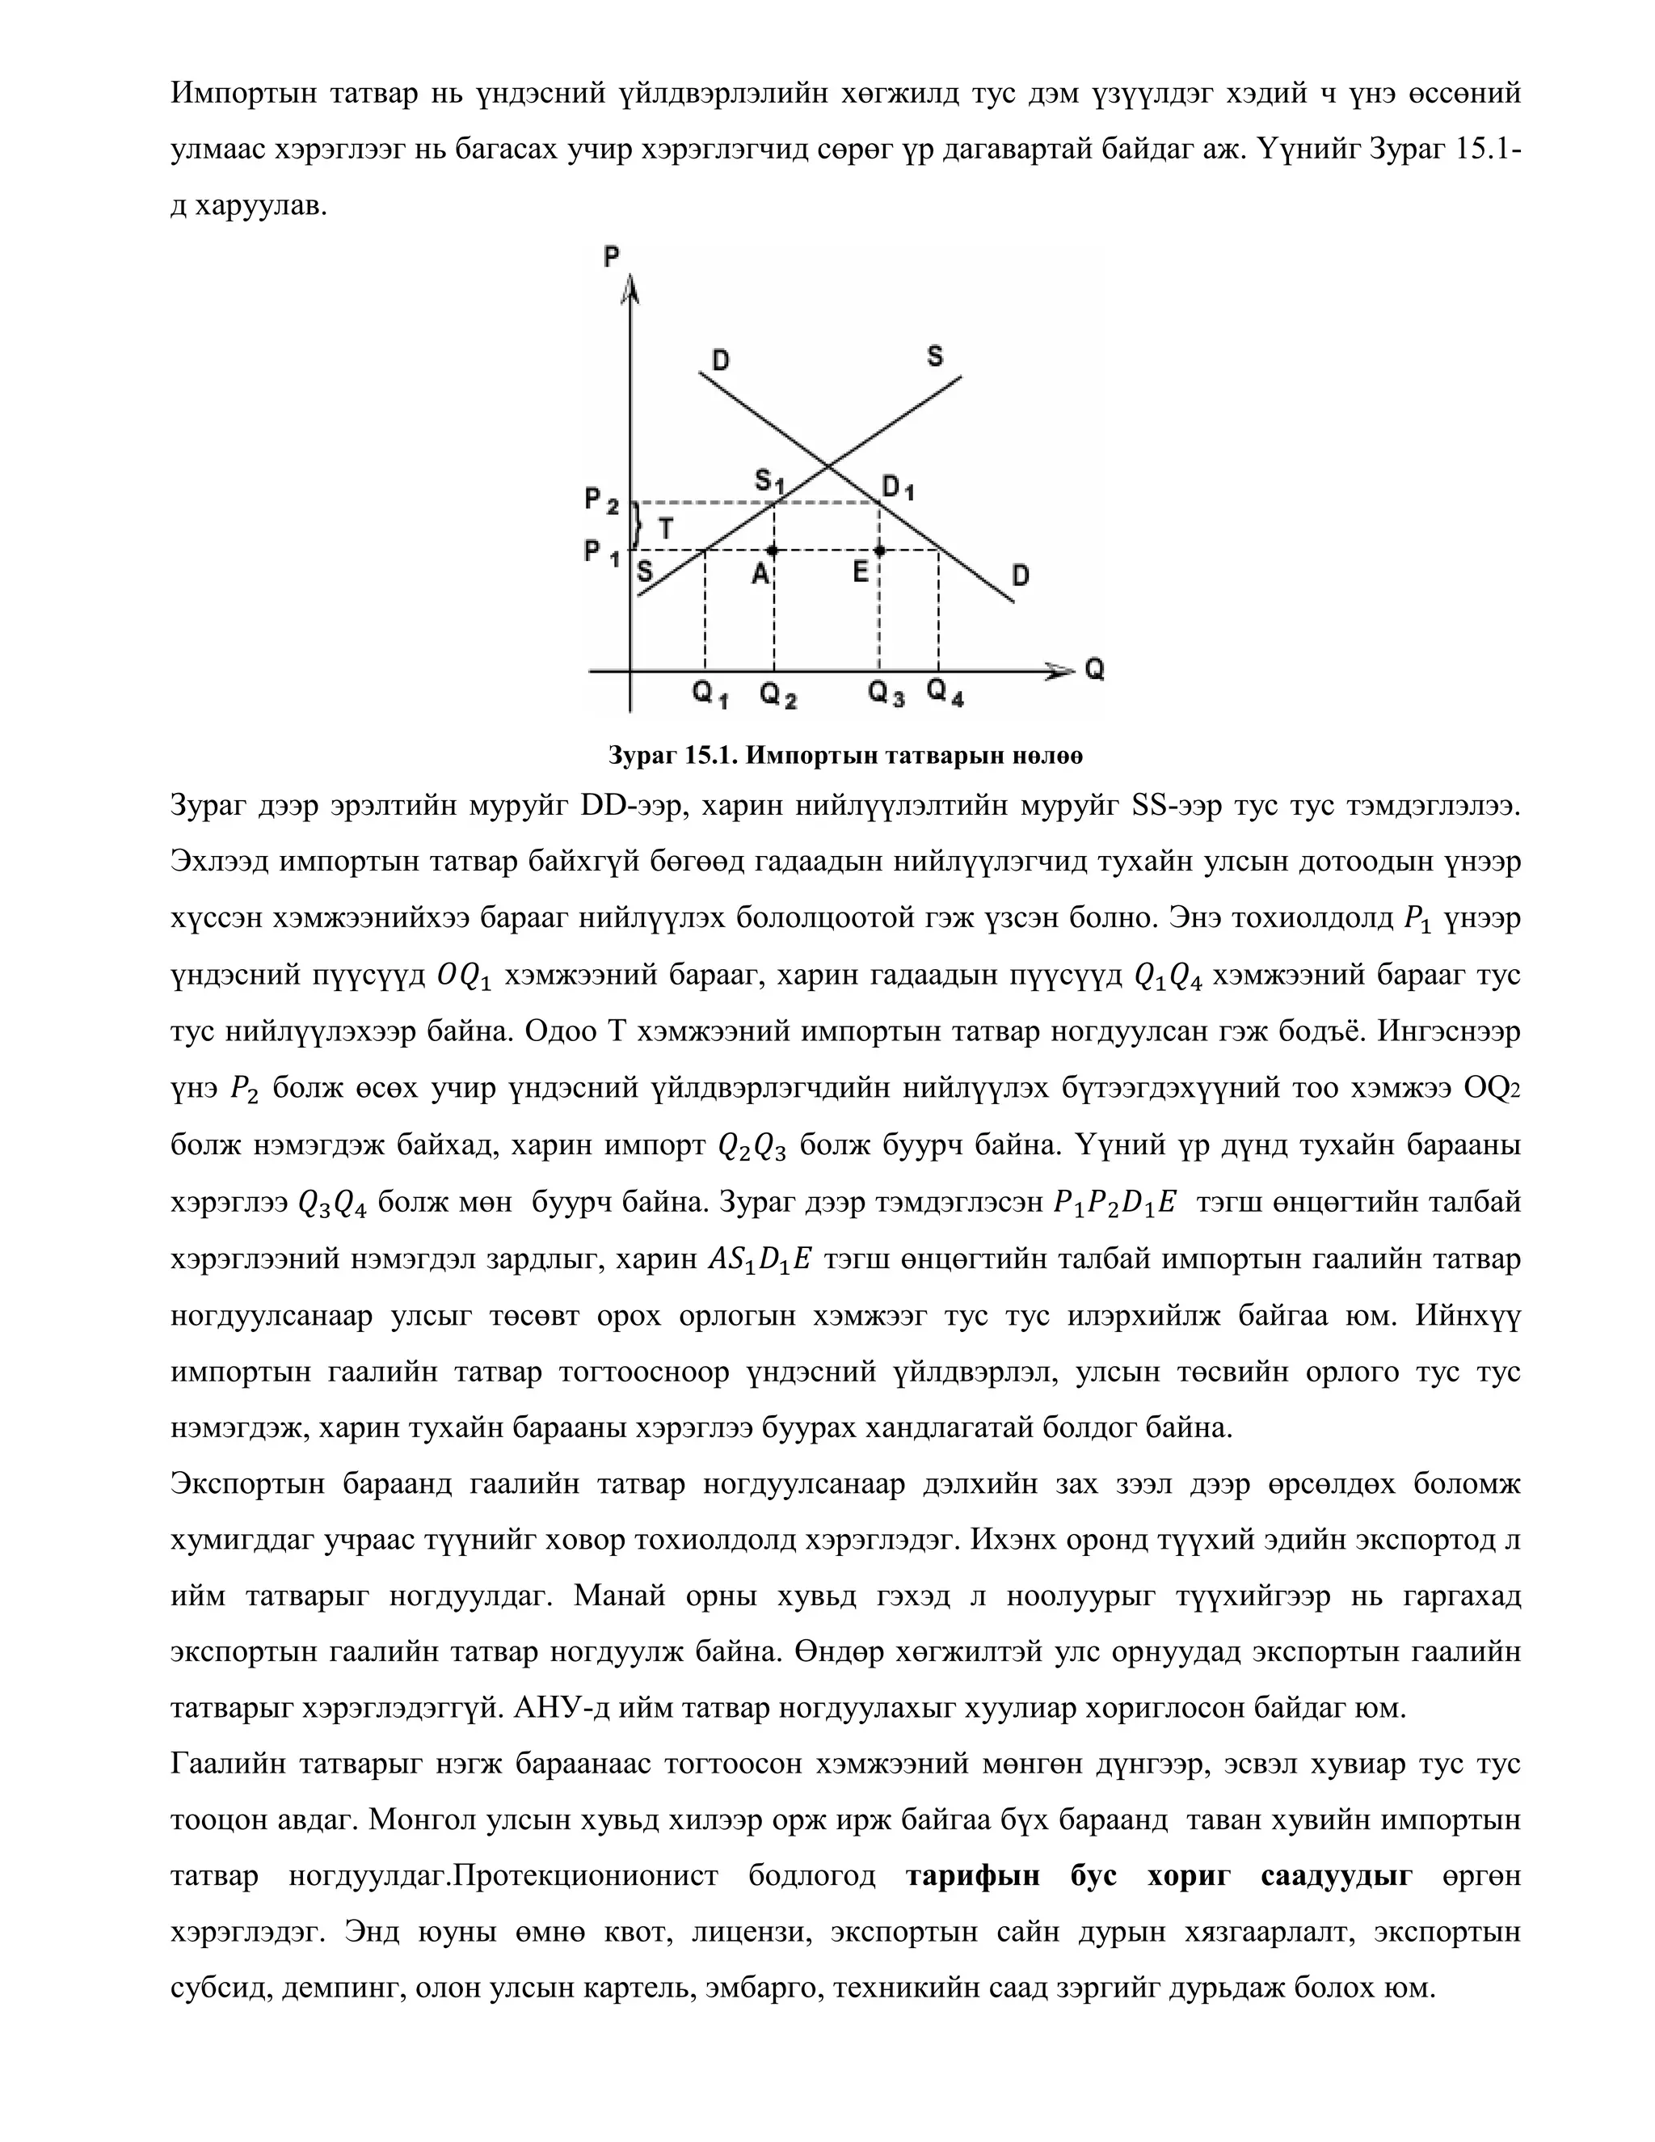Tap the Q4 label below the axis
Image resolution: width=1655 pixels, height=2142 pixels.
945,694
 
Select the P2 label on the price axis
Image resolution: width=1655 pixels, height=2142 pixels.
602,501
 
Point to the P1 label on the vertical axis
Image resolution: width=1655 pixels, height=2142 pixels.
602,553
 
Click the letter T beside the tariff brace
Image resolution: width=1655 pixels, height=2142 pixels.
666,529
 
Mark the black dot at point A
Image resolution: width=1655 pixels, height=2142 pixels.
773,551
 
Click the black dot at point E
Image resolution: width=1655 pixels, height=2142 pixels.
879,551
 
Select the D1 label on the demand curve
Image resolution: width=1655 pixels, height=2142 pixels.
898,487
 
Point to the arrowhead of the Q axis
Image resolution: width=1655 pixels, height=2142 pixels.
1061,671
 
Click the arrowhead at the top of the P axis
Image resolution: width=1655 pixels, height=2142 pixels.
630,290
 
